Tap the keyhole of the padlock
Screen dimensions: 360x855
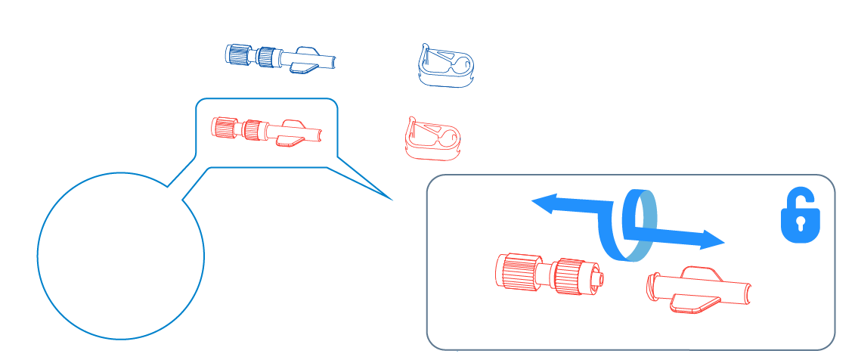pyautogui.click(x=800, y=225)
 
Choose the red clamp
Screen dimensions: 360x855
pyautogui.click(x=432, y=138)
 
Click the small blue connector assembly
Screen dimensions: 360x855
pyautogui.click(x=280, y=58)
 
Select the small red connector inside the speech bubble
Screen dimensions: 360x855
pyautogui.click(x=265, y=130)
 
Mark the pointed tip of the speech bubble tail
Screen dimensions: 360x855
pyautogui.click(x=394, y=200)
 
